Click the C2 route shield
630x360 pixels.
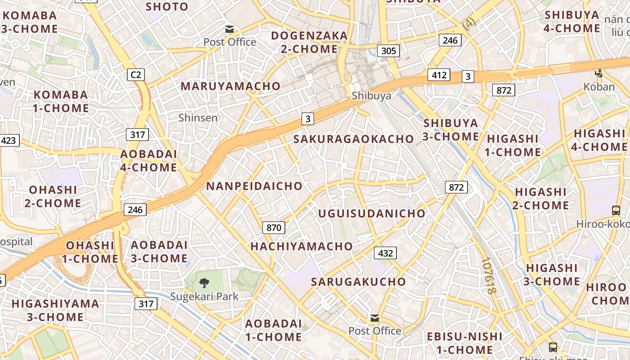pyautogui.click(x=135, y=74)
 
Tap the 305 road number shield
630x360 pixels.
pyautogui.click(x=388, y=50)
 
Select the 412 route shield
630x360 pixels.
pyautogui.click(x=438, y=74)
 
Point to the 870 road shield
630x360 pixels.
pyautogui.click(x=274, y=227)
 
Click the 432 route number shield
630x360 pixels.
pyautogui.click(x=386, y=253)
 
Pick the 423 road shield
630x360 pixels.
pyautogui.click(x=9, y=140)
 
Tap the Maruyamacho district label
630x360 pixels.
pyautogui.click(x=230, y=86)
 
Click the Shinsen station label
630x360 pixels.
pyautogui.click(x=198, y=118)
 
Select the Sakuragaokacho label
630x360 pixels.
pyautogui.click(x=354, y=139)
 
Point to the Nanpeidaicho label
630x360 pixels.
pyautogui.click(x=254, y=186)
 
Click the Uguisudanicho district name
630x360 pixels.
pyautogui.click(x=372, y=213)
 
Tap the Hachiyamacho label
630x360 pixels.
pyautogui.click(x=301, y=246)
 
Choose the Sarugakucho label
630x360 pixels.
pyautogui.click(x=359, y=282)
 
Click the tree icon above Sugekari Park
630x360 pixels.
pyautogui.click(x=204, y=283)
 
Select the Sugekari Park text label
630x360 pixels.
pyautogui.click(x=204, y=297)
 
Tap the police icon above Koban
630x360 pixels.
pyautogui.click(x=599, y=73)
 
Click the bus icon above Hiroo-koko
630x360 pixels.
pyautogui.click(x=616, y=210)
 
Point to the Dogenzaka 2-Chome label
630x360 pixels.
pyautogui.click(x=309, y=42)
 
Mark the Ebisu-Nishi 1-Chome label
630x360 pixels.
pyautogui.click(x=465, y=343)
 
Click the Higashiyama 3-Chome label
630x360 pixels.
pyautogui.click(x=55, y=310)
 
